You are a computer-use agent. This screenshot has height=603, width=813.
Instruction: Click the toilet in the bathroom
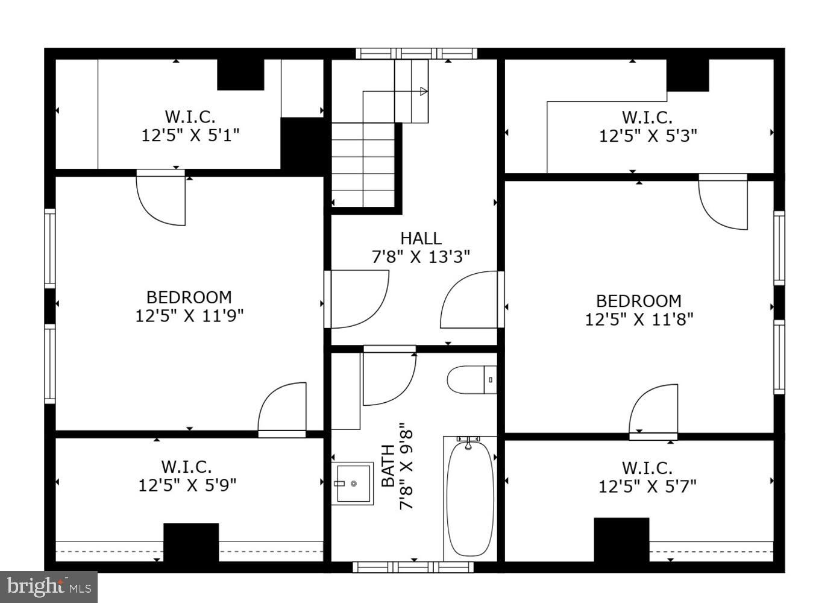click(471, 380)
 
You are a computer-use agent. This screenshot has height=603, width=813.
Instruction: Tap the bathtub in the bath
click(470, 498)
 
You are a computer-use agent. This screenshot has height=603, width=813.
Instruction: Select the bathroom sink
click(353, 483)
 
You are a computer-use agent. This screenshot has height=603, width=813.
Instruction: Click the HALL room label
click(421, 238)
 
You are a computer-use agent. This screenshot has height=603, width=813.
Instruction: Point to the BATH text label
click(389, 466)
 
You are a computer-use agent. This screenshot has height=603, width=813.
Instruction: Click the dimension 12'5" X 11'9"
click(189, 315)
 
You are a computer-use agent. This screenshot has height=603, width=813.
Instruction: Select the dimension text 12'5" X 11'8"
click(639, 319)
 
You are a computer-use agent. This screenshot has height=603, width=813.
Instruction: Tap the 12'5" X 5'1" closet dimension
click(190, 134)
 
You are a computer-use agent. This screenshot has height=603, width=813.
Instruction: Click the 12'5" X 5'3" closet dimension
click(648, 136)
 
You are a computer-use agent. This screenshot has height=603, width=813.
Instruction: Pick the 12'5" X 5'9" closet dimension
click(187, 485)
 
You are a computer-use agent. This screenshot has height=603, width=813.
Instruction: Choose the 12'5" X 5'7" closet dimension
click(647, 486)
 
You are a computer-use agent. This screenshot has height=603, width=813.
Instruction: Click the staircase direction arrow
click(424, 92)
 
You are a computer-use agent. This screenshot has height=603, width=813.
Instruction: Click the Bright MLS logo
click(48, 587)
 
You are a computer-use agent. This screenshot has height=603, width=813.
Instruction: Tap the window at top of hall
click(416, 53)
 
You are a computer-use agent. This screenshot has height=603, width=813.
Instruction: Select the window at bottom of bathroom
click(413, 567)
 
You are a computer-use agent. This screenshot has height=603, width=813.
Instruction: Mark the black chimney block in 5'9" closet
click(191, 542)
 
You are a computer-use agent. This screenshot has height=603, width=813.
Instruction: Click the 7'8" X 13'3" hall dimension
click(421, 257)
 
